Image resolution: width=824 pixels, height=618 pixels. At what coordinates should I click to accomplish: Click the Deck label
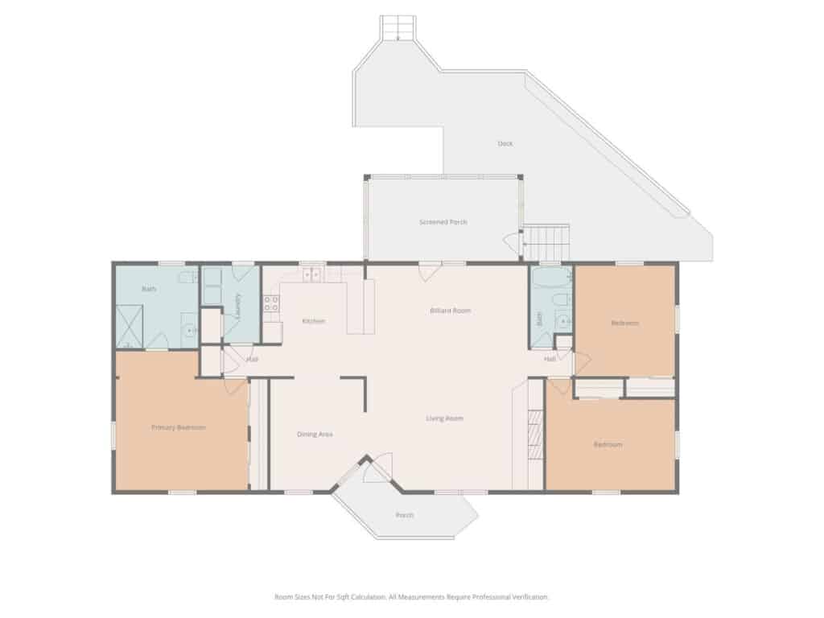coord(505,143)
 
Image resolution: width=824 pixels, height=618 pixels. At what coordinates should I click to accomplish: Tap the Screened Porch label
coord(443,222)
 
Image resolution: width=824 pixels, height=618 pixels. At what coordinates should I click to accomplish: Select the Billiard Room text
coord(451,311)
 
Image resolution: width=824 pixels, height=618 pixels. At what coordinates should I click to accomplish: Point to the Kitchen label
coord(313,320)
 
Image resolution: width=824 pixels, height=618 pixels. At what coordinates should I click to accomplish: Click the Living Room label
coord(444,418)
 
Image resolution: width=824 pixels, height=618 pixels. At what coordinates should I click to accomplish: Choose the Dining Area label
coord(315,434)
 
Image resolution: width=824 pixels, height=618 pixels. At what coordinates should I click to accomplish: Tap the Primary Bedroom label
coord(179,427)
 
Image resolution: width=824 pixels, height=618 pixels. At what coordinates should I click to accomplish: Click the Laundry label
coord(238,304)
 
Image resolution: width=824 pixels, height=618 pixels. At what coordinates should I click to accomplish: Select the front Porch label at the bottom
coord(405,515)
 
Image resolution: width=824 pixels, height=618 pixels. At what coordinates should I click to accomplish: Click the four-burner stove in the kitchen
coord(271,303)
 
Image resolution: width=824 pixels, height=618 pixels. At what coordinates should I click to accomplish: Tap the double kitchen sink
coord(311,274)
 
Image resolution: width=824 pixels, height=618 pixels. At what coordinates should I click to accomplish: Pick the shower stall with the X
coord(130,327)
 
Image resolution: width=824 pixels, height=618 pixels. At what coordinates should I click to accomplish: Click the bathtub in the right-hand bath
coord(551,278)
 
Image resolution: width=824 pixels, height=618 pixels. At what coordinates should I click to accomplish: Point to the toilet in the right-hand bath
coord(560,300)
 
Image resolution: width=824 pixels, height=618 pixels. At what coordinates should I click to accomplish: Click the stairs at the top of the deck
coord(398,28)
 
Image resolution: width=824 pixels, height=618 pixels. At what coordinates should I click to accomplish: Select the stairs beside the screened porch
coord(547,242)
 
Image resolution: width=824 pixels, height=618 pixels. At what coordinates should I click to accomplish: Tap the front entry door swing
coord(378,468)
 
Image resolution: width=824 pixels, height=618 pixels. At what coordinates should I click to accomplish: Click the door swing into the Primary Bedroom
coord(236,386)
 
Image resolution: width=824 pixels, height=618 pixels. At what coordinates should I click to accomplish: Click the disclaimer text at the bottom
coord(411,597)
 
